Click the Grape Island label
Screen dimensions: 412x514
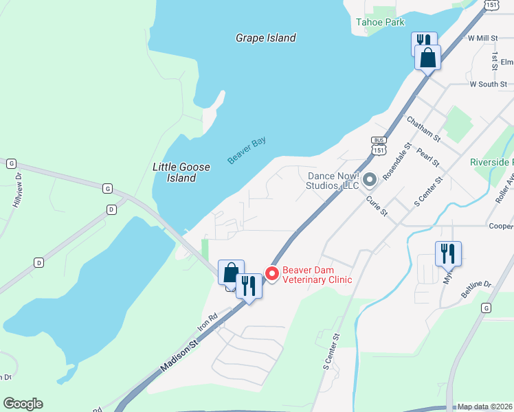[x=265, y=38]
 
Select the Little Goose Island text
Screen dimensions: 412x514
[x=175, y=172]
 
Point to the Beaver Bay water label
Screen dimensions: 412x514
[x=247, y=150]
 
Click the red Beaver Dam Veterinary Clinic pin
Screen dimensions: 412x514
[x=272, y=273]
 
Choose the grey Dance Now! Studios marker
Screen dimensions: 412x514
[x=370, y=180]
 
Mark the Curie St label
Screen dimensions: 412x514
[x=377, y=206]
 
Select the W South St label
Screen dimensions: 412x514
[x=488, y=84]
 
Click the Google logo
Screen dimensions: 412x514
[x=23, y=404]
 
